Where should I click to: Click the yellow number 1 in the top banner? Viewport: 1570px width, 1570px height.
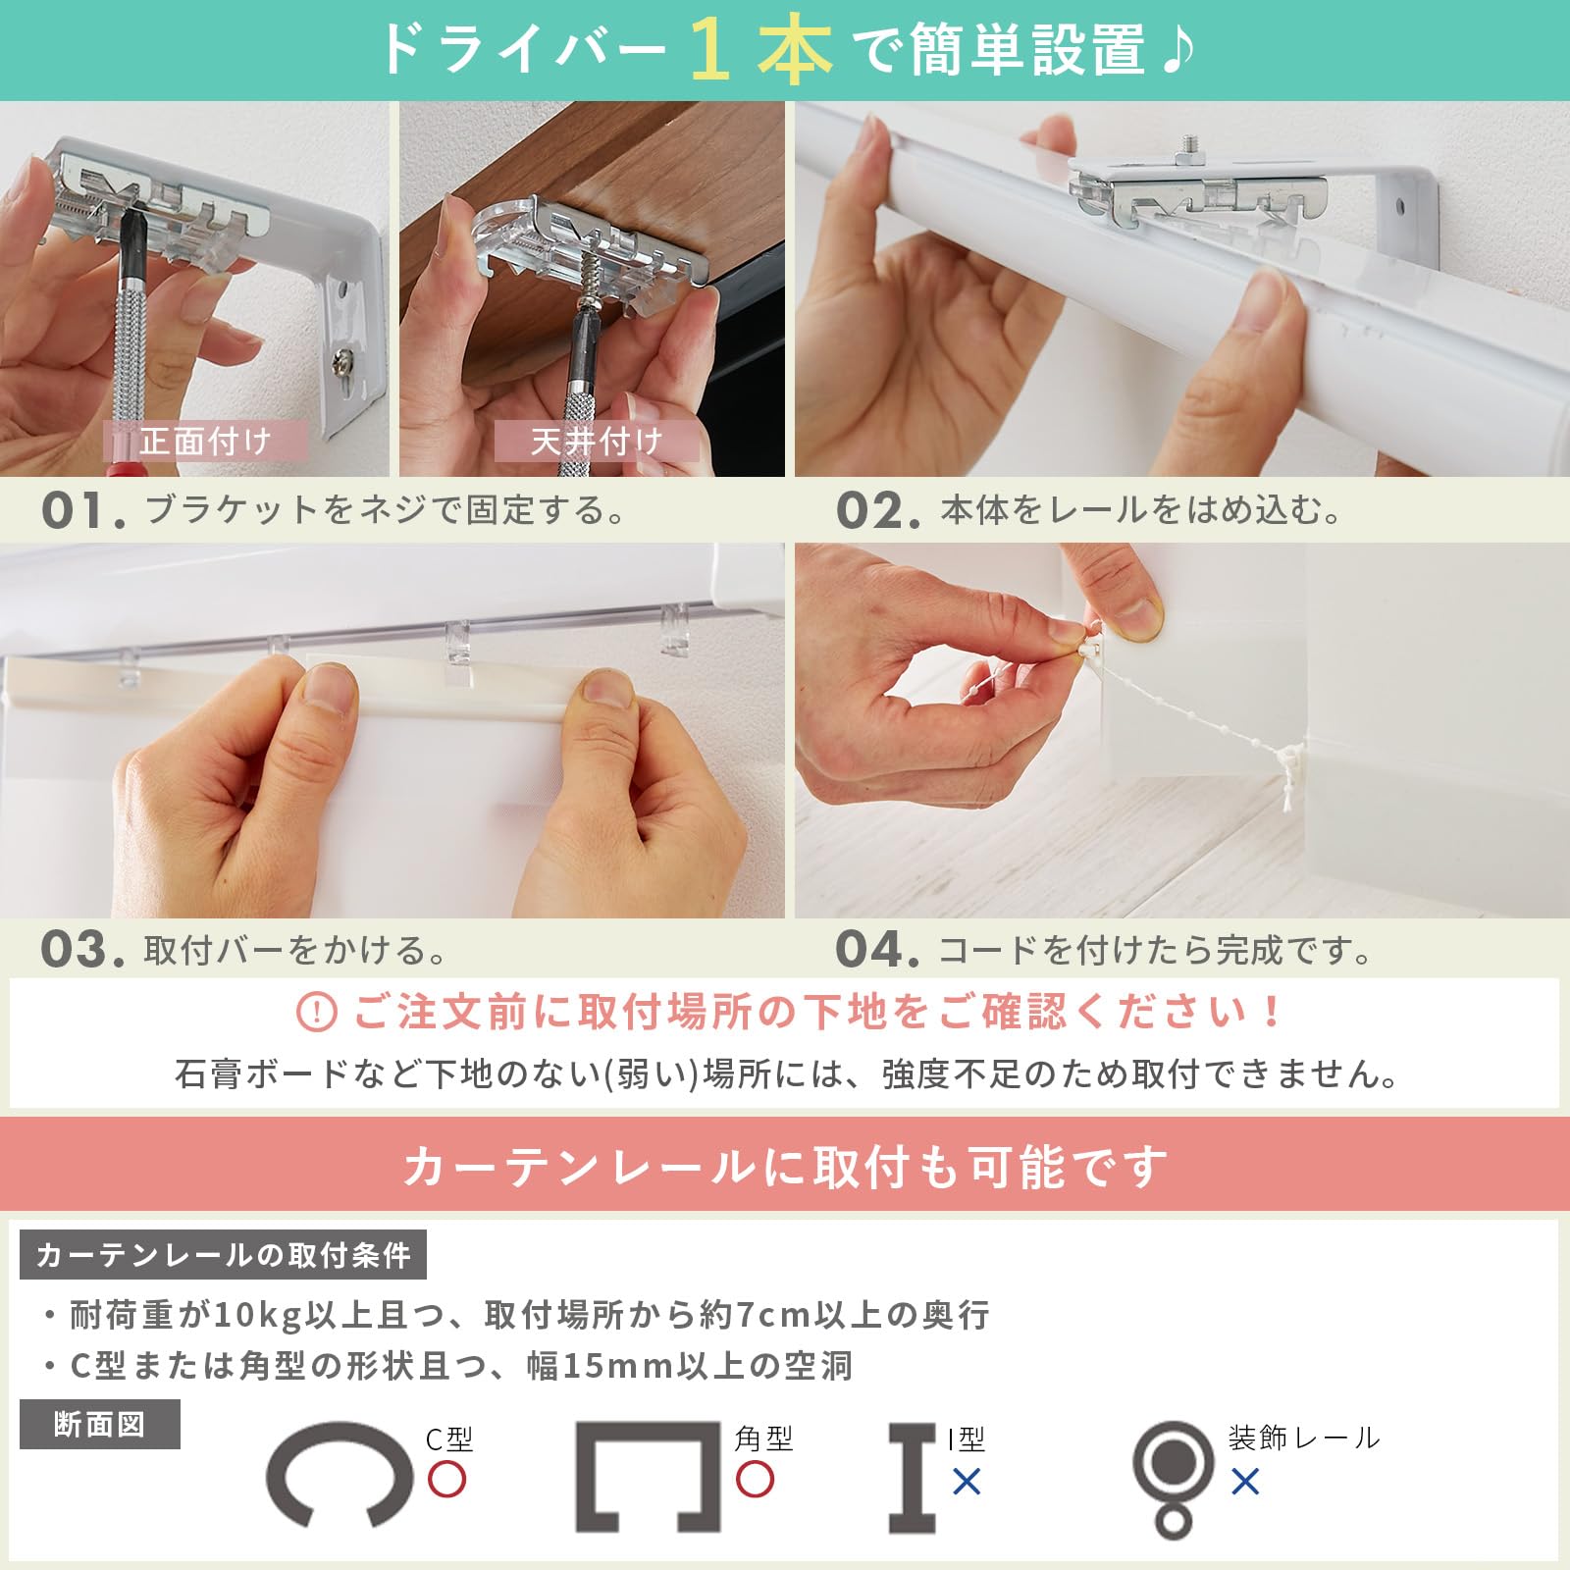coord(709,50)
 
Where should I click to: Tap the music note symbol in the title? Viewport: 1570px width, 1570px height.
coord(1177,49)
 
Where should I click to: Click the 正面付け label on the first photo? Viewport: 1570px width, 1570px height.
coord(205,442)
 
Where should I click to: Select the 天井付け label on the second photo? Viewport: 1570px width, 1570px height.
coord(597,442)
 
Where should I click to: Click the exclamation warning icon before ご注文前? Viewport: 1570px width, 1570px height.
coord(316,1012)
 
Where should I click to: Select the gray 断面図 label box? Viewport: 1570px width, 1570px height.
coord(99,1425)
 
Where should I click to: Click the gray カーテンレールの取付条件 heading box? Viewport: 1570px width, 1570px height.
coord(223,1255)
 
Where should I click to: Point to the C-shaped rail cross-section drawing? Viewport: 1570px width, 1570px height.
coord(339,1475)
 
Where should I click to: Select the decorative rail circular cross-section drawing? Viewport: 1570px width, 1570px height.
coord(1173,1477)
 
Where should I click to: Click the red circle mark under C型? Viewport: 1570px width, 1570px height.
coord(446,1479)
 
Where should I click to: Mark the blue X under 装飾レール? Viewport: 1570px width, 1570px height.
coord(1245,1481)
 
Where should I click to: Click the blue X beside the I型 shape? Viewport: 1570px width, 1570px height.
coord(967,1481)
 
